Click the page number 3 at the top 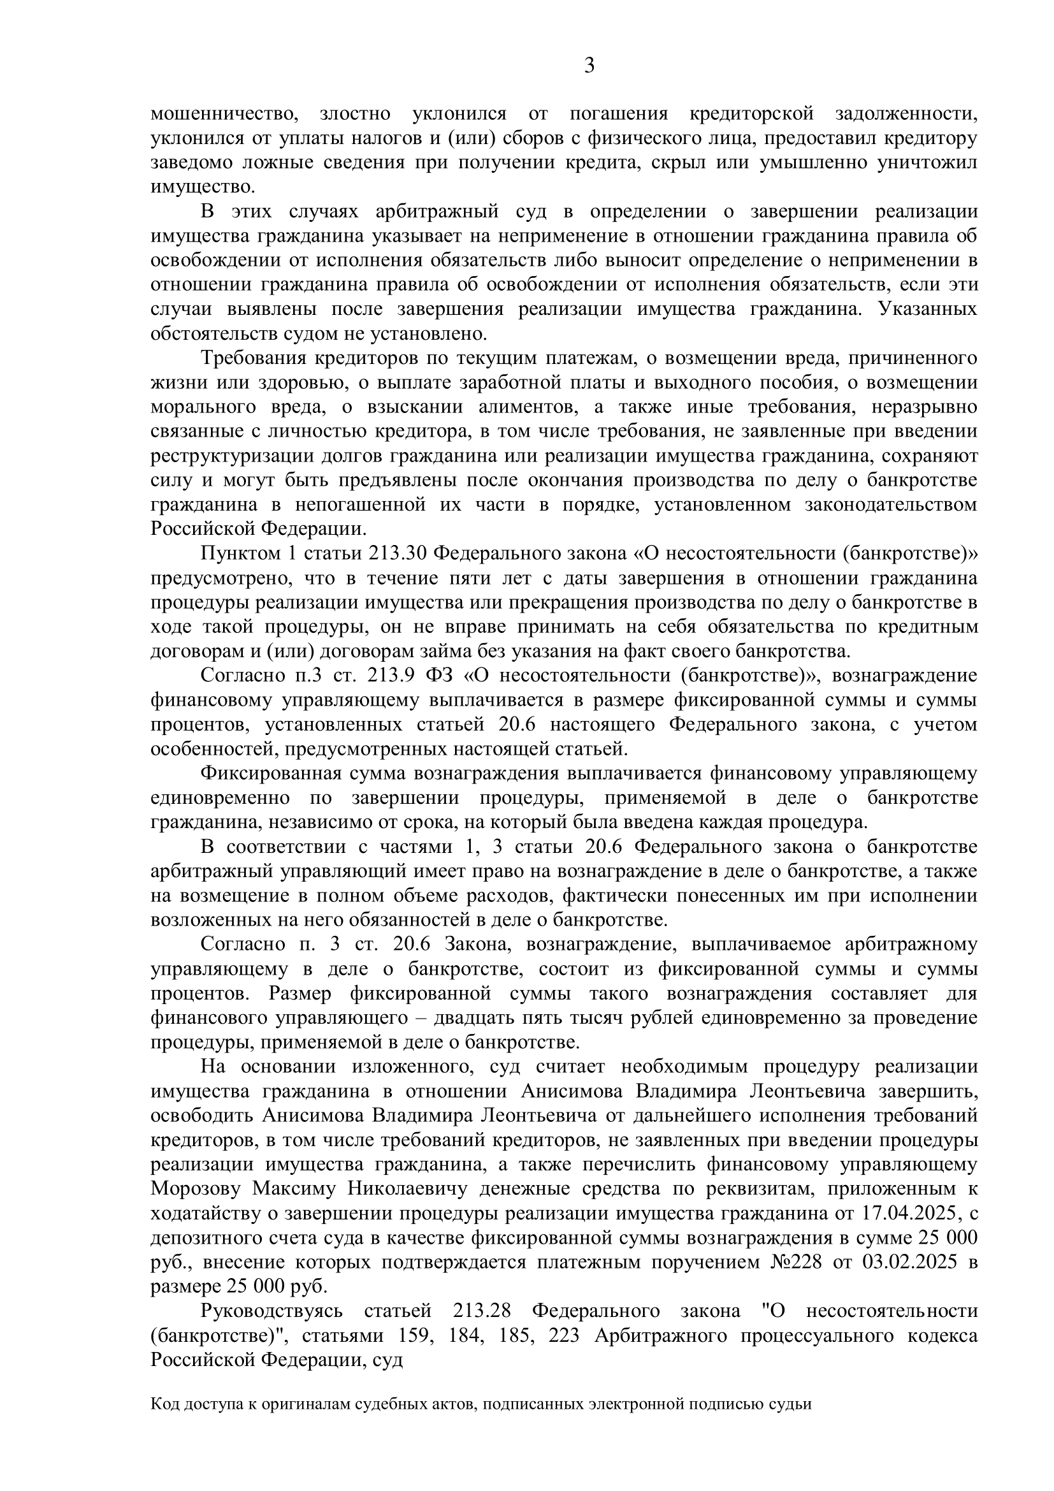click(589, 66)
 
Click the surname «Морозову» click(196, 1189)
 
